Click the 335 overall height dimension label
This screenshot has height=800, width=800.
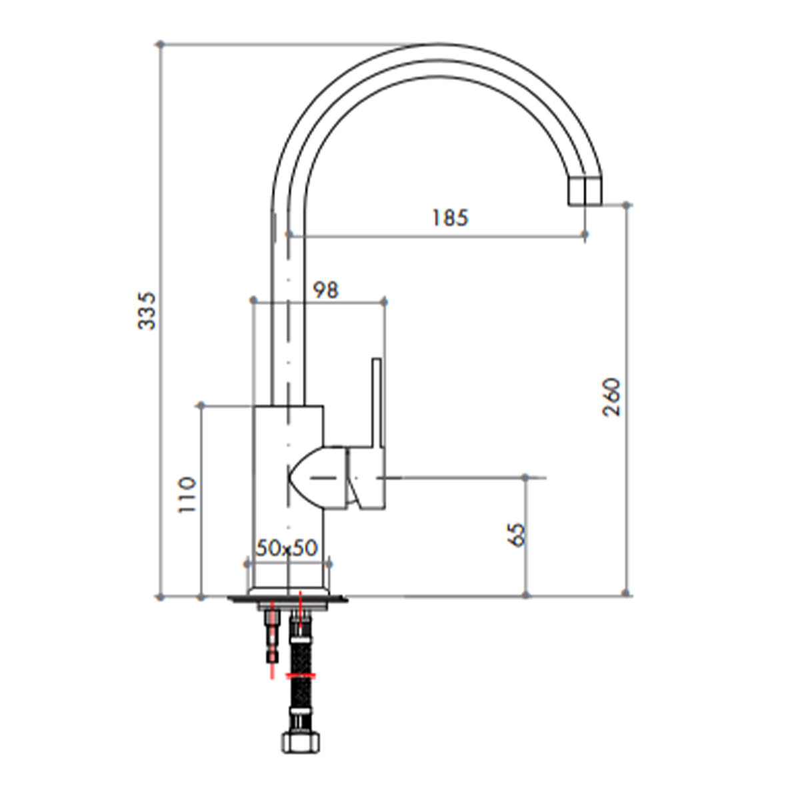147,311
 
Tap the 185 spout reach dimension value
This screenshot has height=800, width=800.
450,218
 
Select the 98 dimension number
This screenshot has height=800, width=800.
325,290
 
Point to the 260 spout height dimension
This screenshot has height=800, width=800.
611,397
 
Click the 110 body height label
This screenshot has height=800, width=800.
187,495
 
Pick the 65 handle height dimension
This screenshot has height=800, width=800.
517,535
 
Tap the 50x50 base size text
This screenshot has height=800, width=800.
287,548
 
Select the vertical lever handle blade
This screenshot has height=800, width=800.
376,403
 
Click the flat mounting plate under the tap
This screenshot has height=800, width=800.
287,599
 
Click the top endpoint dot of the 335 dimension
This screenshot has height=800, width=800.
161,44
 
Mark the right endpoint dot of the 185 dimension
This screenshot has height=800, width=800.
585,235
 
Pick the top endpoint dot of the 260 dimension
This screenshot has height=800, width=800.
627,205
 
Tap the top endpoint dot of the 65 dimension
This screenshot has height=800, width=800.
525,477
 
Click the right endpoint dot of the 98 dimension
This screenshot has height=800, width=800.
384,301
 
